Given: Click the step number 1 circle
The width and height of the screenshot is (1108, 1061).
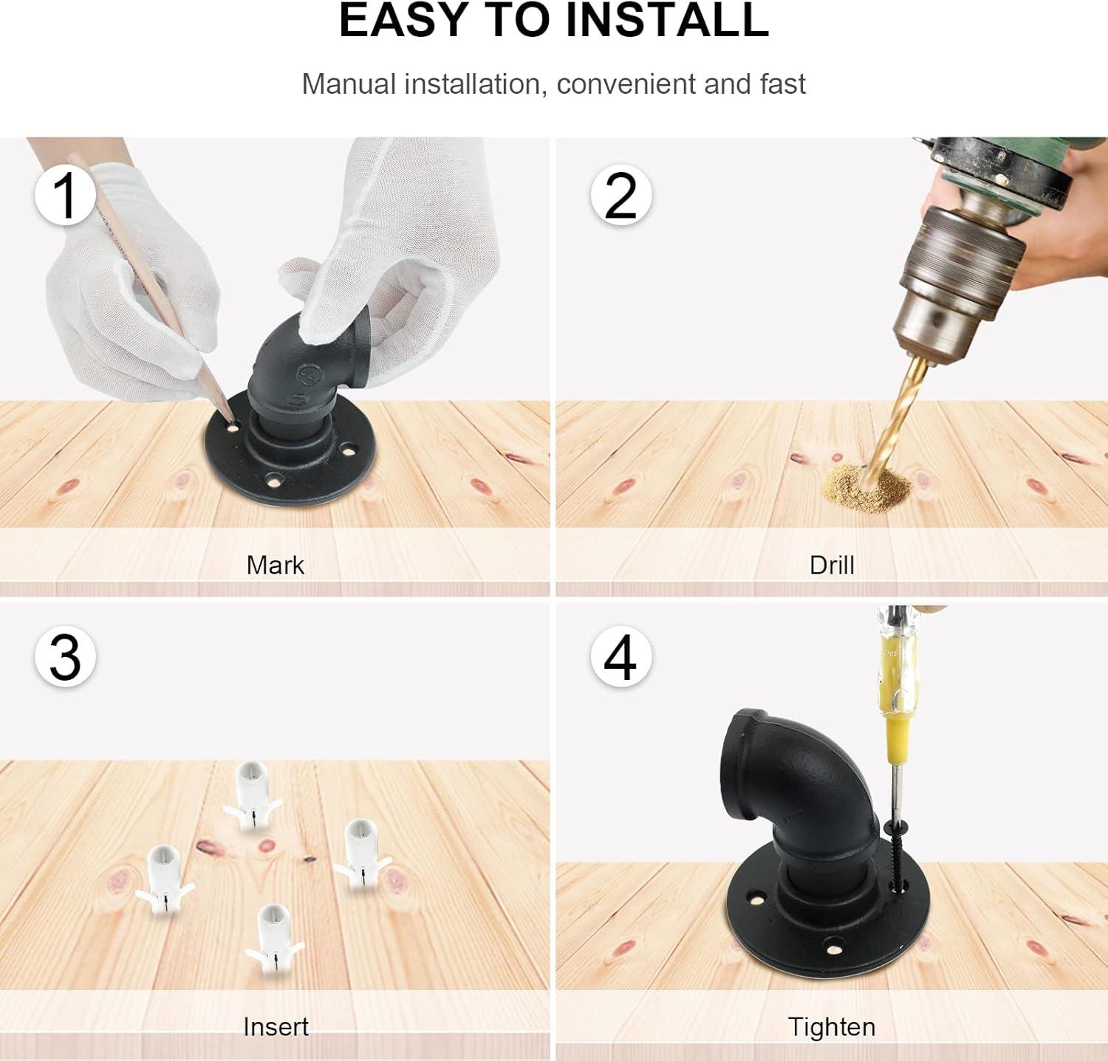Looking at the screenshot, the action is pos(66,195).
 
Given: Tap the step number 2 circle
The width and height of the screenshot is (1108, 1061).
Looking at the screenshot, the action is pos(620,195).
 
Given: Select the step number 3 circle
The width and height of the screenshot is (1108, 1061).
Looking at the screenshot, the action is pos(66,656).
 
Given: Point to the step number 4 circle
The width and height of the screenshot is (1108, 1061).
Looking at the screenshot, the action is pos(620,656).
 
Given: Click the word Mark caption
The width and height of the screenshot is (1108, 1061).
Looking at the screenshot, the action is pos(275,565).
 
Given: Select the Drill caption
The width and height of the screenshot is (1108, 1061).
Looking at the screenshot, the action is pos(832,565).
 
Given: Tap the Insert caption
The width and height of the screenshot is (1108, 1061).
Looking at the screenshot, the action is pos(276,1026).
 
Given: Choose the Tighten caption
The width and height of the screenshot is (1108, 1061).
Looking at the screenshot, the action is pos(832,1027).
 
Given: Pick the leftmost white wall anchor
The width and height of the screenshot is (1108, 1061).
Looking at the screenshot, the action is pos(163,880).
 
